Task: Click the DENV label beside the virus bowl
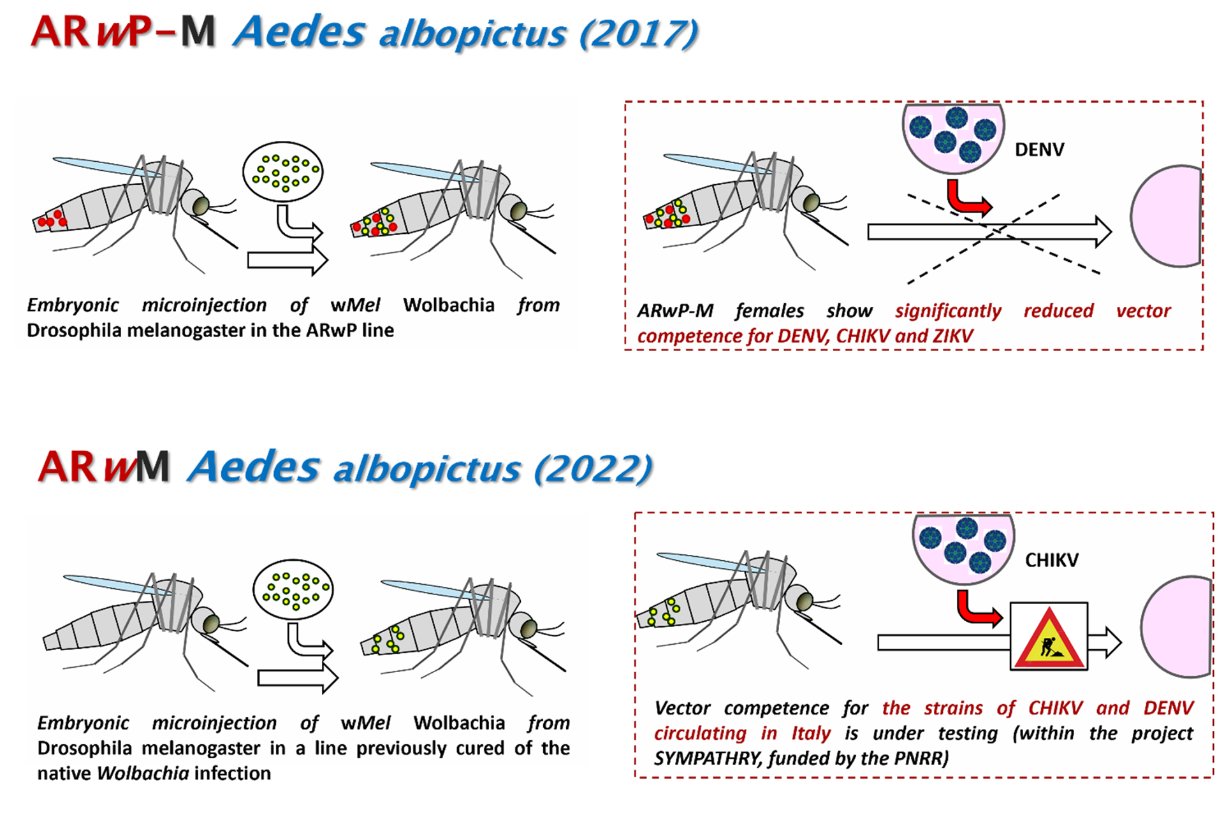(x=1039, y=150)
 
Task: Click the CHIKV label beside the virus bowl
(x=1052, y=560)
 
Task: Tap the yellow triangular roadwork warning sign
(x=1049, y=638)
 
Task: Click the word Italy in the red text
(x=811, y=733)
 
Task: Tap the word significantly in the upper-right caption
(x=948, y=311)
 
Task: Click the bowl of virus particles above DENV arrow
(x=953, y=136)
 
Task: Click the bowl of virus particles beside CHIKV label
(x=963, y=547)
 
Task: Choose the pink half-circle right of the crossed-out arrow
(x=1167, y=216)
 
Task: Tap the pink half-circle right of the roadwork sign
(x=1176, y=626)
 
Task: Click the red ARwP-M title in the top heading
(x=123, y=31)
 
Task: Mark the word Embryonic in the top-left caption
(x=73, y=306)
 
